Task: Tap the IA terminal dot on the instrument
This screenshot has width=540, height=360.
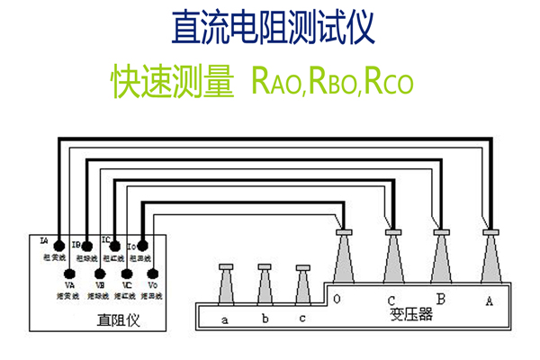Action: [58, 244]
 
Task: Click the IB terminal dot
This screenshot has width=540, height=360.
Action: [86, 244]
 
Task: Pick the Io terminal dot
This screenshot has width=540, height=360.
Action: [142, 244]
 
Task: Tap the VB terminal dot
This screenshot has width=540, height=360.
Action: [98, 273]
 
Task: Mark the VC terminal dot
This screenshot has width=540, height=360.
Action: [126, 273]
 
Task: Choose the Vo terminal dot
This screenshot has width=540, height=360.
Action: [154, 273]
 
